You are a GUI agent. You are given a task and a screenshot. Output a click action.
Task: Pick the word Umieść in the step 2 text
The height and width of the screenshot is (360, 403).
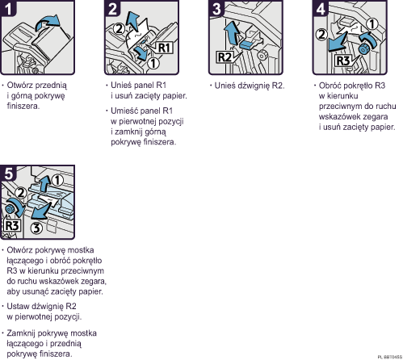[123, 111]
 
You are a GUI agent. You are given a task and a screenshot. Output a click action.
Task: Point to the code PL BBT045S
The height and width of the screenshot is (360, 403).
[387, 355]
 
